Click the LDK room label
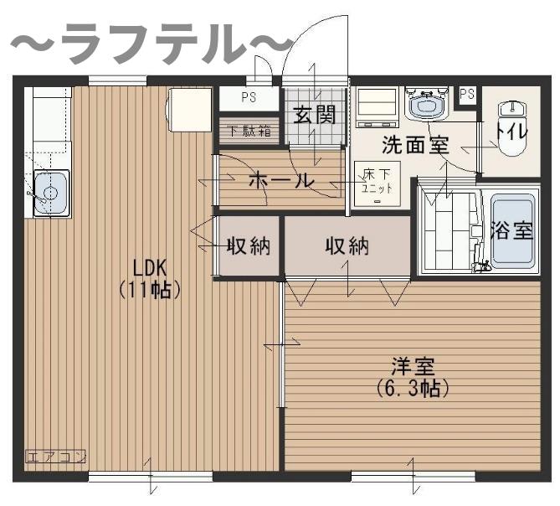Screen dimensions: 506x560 pos(151,269)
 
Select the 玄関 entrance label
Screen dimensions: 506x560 pos(314,114)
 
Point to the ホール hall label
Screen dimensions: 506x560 pos(281,180)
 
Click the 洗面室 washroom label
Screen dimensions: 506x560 pos(415,144)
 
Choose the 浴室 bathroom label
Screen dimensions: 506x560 pos(511,230)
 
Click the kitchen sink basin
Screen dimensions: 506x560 pos(50,194)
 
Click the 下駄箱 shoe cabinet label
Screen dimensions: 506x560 pos(249,131)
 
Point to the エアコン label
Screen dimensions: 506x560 pos(56,457)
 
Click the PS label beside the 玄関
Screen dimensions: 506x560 pos(249,97)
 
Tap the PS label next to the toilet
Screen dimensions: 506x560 pos(467,94)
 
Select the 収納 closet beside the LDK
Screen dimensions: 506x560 pos(249,246)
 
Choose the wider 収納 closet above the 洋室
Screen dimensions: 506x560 pos(347,246)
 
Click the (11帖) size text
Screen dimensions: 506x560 pos(151,291)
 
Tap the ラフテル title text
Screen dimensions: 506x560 pos(151,44)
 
